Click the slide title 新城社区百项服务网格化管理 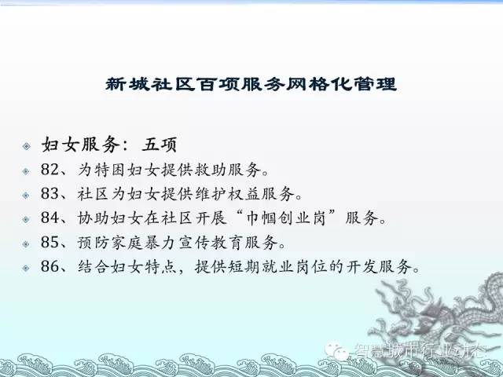coord(251,84)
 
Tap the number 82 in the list coord(50,170)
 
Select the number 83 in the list coord(50,193)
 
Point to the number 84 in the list coord(50,218)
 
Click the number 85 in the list coord(50,242)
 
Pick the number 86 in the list coord(50,266)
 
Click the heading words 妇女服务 coord(81,145)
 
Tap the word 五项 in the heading coord(160,145)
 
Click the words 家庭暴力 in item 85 coord(144,243)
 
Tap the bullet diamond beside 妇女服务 coord(26,146)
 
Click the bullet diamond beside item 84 coord(26,219)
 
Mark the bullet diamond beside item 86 coord(26,268)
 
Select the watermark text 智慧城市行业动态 coord(419,350)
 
